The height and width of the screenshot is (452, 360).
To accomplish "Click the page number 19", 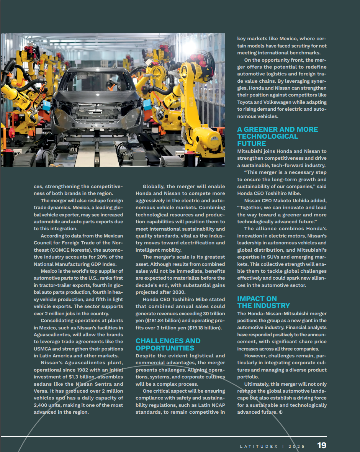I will (321, 445).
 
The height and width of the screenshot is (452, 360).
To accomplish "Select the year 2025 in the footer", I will (296, 446).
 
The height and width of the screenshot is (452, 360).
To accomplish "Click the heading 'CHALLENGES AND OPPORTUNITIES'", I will (168, 344).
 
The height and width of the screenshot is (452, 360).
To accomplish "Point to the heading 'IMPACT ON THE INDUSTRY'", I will (263, 302).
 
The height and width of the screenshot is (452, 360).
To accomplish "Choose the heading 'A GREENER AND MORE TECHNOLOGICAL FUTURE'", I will (277, 136).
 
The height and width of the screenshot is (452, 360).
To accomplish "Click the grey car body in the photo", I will (96, 103).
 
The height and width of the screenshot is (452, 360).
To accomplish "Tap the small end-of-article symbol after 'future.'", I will (281, 412).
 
